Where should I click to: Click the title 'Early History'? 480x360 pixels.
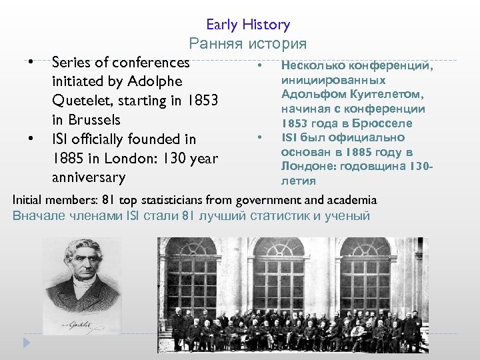248,25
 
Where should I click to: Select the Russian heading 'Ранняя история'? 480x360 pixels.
248,44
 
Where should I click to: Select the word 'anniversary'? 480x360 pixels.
88,178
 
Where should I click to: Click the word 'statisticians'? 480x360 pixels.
169,200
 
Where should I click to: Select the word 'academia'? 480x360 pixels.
353,200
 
